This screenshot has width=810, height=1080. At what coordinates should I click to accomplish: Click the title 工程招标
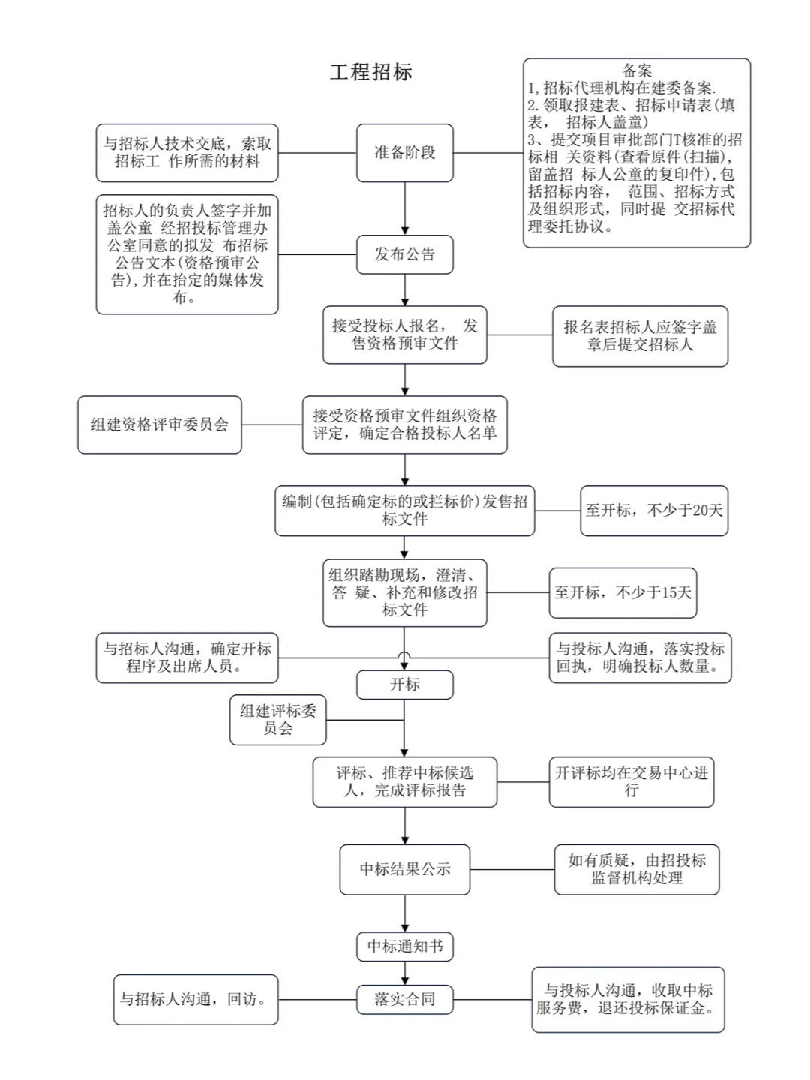click(371, 72)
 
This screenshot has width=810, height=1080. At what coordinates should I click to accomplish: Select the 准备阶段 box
click(405, 153)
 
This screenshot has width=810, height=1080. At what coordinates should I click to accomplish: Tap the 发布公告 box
click(405, 254)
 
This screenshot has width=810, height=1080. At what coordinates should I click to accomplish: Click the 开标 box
click(405, 685)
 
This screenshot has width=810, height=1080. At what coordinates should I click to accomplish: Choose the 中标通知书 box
click(405, 946)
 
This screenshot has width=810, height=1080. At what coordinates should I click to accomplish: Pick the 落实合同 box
click(405, 999)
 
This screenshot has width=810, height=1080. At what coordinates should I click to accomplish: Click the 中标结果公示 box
click(405, 869)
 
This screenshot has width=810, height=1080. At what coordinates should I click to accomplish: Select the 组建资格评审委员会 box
click(160, 424)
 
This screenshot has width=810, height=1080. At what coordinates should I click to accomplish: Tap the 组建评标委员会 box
click(278, 719)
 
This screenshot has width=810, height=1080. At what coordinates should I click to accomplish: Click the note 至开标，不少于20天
click(654, 511)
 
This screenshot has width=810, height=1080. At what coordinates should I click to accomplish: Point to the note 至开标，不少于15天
click(622, 592)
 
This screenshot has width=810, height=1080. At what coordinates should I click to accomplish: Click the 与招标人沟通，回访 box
click(196, 999)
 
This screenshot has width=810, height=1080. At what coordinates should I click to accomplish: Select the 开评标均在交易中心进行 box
click(631, 781)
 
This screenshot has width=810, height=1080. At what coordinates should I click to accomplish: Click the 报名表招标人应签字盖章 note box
click(640, 336)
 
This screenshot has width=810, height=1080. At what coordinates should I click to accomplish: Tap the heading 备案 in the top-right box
click(637, 71)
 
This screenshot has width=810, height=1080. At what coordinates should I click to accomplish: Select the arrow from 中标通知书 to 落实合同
click(405, 973)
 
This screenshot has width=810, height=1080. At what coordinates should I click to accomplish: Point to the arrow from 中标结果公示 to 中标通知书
click(405, 913)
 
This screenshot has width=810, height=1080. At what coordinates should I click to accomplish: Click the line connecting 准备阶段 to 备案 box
click(487, 153)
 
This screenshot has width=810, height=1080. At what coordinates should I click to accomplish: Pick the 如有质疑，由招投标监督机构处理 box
click(637, 869)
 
